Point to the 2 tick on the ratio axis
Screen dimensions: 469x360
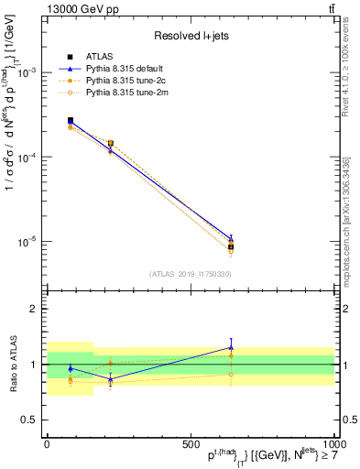click(x=34, y=309)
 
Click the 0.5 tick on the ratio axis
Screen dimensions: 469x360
click(x=31, y=420)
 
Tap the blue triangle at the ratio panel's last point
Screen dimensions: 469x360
click(x=231, y=347)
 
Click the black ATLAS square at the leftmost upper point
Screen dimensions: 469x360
click(x=71, y=120)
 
